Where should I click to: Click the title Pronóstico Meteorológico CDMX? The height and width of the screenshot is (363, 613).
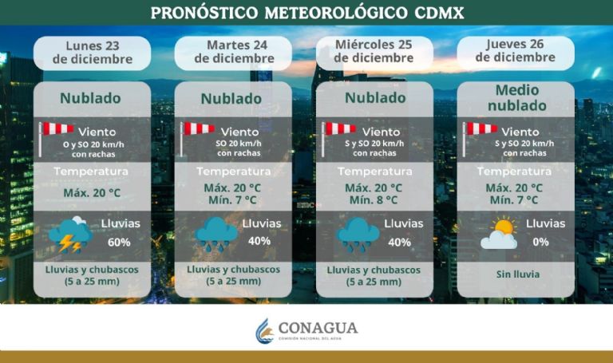point(306,13)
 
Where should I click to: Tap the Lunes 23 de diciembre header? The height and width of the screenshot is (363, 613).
point(92,52)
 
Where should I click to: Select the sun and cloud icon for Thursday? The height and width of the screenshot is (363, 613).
point(498,234)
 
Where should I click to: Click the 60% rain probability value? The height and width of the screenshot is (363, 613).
point(119,242)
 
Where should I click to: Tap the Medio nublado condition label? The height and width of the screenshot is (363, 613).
point(516,98)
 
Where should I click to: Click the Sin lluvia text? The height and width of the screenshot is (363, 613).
point(516,274)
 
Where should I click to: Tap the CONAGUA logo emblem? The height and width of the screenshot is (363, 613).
point(264,330)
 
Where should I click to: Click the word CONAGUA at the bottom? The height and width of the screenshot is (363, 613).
point(318,328)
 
